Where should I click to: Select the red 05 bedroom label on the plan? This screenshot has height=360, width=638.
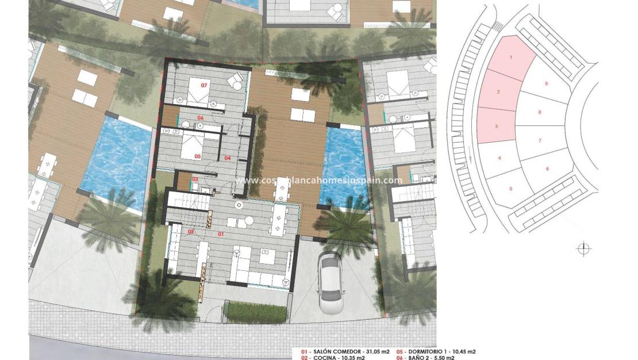pos(197,156)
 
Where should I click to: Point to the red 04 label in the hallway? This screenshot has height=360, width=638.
pos(227,158)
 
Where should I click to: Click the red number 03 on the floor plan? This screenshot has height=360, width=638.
pos(195,180)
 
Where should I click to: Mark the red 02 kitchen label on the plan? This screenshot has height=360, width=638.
pos(191,232)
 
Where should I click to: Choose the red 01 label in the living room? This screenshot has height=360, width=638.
pos(221,234)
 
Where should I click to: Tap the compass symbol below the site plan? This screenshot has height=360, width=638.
pos(583,249)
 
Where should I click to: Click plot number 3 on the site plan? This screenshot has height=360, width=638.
pos(496,125)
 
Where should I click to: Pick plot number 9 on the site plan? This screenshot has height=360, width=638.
pos(546,84)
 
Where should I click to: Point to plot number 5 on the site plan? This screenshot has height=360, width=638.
pos(510,188)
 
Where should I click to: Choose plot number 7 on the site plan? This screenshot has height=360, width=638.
pos(540,140)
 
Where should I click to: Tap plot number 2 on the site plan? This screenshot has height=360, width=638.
pos(498,92)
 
